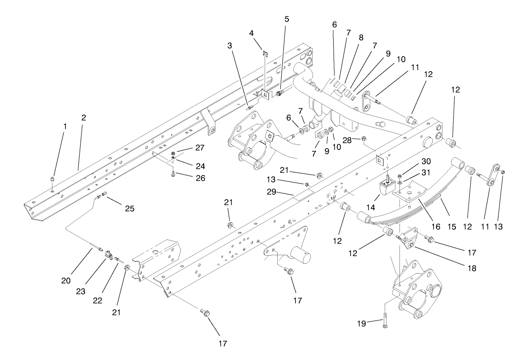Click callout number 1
(x=64, y=127)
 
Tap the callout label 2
(x=84, y=118)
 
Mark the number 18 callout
(x=470, y=269)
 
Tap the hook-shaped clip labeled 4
(x=264, y=54)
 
